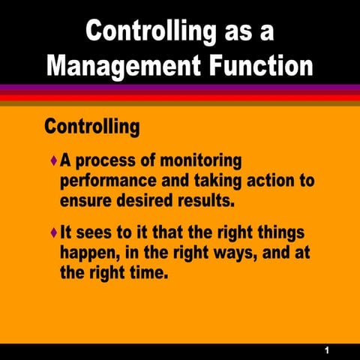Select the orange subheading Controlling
coord(92,125)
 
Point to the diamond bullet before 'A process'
coord(52,160)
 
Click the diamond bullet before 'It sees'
coord(52,234)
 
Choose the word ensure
coord(86,200)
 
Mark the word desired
coord(149,200)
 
